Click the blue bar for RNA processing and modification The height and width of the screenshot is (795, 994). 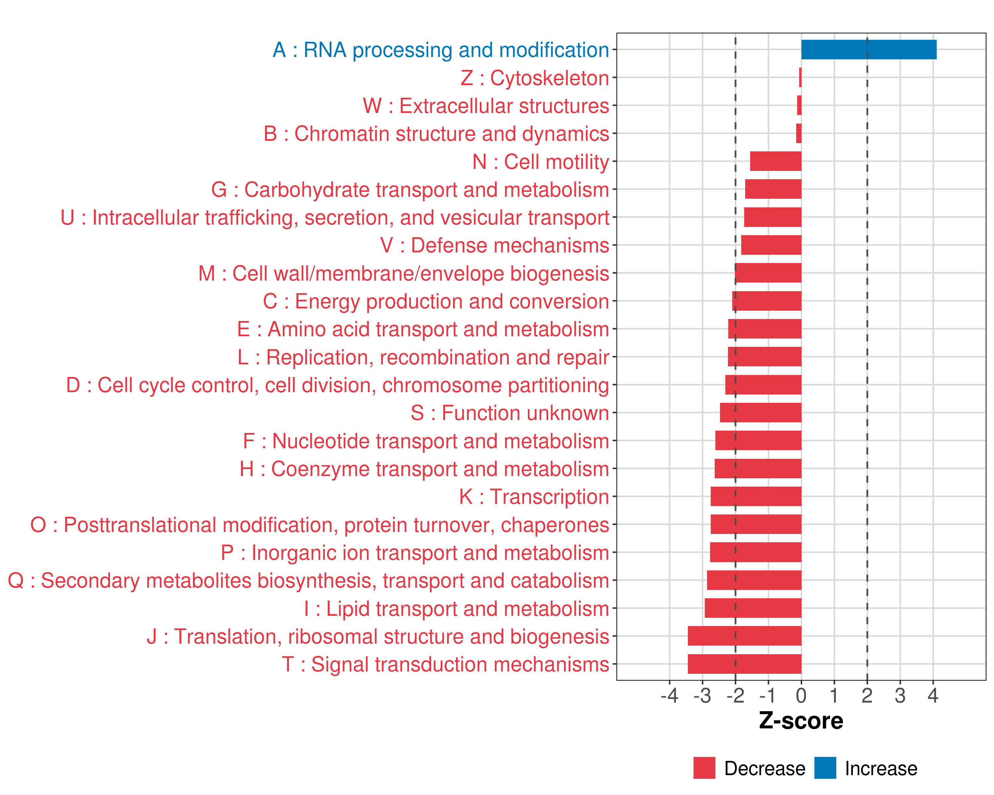(869, 50)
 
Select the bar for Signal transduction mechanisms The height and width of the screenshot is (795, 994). (744, 664)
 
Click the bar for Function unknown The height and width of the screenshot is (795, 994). (760, 412)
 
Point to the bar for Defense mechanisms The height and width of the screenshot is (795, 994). (771, 245)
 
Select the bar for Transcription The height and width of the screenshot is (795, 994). (756, 496)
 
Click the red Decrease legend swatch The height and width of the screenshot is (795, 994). (704, 768)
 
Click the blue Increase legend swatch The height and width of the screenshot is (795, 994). (825, 768)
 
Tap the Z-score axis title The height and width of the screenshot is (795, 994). (801, 720)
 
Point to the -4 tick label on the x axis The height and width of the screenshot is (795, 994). (669, 695)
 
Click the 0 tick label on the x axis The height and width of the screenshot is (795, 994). (801, 695)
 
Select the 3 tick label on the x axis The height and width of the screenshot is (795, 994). (900, 695)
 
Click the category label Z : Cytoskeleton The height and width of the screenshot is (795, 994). (535, 78)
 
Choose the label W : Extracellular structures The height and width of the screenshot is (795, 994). (486, 106)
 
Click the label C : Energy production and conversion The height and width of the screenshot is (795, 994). (436, 301)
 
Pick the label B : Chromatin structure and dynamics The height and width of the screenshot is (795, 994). (436, 133)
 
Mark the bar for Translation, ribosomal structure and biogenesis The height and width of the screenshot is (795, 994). (744, 636)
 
